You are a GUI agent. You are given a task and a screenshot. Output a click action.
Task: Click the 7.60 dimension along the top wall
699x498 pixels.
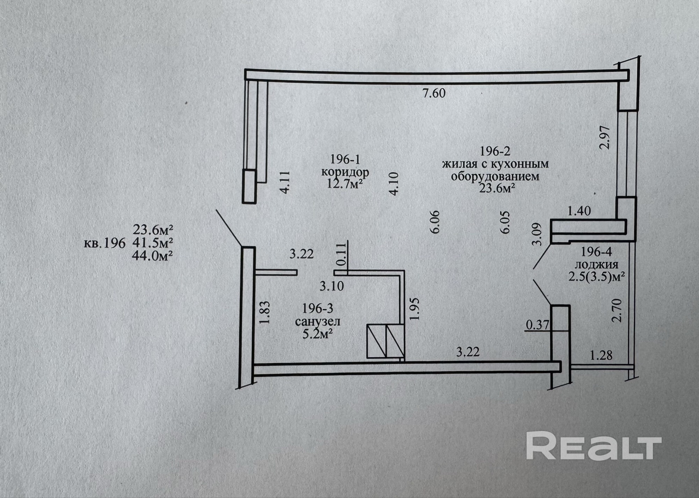(434, 93)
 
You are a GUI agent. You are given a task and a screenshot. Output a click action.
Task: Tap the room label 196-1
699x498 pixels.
(345, 159)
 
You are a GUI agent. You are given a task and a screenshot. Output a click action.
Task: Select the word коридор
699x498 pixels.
(345, 172)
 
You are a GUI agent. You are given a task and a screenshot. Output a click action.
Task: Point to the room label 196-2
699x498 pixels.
(495, 151)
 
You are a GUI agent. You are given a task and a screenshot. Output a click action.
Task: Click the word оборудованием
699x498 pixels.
(495, 176)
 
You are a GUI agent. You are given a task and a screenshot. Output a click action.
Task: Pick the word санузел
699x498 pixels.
(317, 321)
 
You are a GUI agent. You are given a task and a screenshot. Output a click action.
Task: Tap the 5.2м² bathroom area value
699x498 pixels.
(317, 334)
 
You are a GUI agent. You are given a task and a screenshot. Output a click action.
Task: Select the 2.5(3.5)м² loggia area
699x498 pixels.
(596, 277)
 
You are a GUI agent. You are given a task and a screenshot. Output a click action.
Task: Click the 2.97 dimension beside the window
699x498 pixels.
(605, 137)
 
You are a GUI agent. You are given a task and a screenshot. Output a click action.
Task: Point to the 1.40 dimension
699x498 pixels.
(579, 211)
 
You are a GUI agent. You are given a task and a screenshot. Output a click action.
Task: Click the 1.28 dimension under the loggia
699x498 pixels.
(601, 356)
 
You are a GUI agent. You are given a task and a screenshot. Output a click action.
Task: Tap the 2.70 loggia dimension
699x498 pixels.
(618, 310)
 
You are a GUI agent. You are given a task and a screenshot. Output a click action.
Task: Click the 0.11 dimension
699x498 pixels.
(341, 254)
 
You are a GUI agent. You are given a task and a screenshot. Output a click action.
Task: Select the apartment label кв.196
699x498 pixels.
(105, 243)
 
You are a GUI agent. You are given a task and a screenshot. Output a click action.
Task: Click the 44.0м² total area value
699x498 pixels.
(153, 256)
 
